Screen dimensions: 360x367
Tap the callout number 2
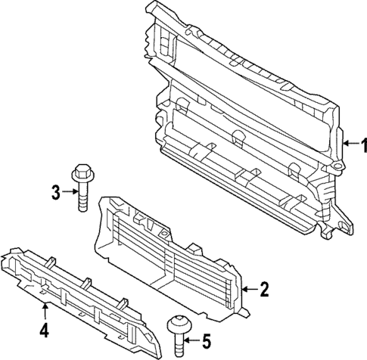tap(264, 288)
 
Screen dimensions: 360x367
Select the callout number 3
tap(55, 192)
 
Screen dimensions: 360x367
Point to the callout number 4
tap(45, 330)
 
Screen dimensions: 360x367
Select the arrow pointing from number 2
tap(250, 288)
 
